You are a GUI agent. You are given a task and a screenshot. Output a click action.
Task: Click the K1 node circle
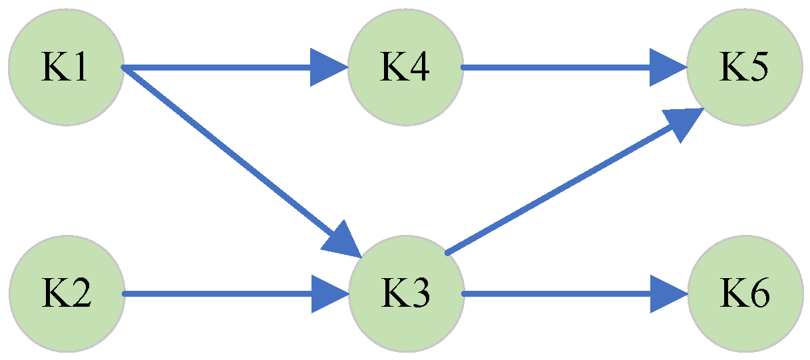(x=66, y=67)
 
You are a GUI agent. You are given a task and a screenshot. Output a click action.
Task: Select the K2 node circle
(x=66, y=293)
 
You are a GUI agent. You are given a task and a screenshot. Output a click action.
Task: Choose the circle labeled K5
(x=744, y=67)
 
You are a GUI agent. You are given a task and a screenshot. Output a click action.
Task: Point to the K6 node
(x=744, y=293)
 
